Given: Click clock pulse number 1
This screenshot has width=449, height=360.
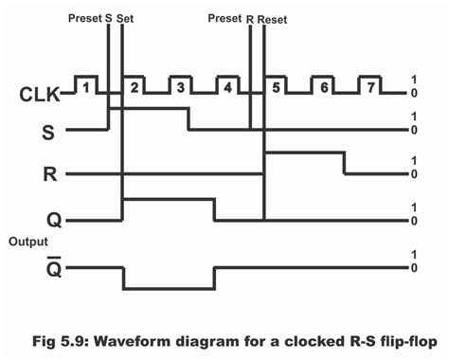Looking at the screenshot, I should (x=87, y=88).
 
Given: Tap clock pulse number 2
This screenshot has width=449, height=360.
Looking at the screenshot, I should (x=135, y=88).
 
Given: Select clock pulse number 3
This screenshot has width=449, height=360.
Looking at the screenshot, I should (x=181, y=88).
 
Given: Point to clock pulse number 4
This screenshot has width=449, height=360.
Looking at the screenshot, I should (x=228, y=88).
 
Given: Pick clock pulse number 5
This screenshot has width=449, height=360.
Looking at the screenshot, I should (x=277, y=88).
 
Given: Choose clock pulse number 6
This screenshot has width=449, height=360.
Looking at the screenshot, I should (x=324, y=88).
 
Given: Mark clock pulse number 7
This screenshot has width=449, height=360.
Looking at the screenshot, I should (x=371, y=88).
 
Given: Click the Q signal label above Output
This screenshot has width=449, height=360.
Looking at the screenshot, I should (x=53, y=220).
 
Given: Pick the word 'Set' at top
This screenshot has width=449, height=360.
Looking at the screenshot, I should (x=125, y=17).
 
